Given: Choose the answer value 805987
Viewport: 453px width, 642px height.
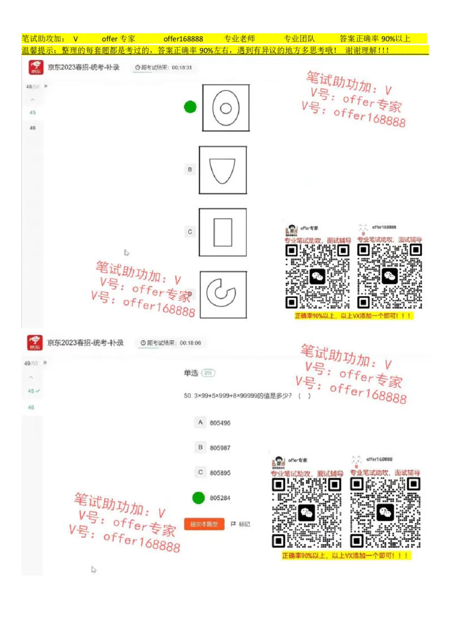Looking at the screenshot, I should pos(220,447).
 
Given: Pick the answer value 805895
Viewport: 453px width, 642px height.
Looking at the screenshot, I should pos(220,472).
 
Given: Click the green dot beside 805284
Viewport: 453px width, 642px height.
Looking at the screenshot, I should pos(198,498).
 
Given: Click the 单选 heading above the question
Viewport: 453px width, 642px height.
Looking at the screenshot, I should pos(191,373).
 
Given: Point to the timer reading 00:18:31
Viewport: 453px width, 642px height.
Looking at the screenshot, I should pos(182,67).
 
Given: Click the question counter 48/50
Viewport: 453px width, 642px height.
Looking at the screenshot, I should pos(32,86).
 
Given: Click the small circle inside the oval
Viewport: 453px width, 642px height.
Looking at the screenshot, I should pos(225,108).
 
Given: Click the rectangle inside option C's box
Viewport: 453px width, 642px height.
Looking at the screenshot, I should pos(223,232).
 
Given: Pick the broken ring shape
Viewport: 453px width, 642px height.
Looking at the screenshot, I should pos(221,292).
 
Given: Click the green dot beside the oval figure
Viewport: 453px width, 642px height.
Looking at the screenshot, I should pos(190,107).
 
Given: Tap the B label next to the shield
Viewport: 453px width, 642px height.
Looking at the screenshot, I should pos(190,169).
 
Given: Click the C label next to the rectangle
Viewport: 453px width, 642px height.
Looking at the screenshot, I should pos(190,231).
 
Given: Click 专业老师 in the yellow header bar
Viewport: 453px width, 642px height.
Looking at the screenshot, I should pos(240,39).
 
